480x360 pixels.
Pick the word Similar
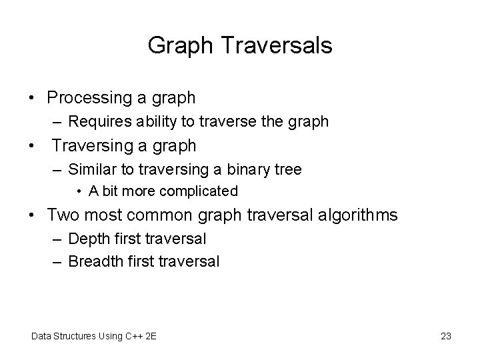(91, 169)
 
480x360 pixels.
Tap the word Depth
(86, 239)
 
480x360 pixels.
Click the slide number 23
(446, 335)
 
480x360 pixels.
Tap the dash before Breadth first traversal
(58, 261)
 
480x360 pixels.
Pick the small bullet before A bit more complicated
(79, 192)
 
